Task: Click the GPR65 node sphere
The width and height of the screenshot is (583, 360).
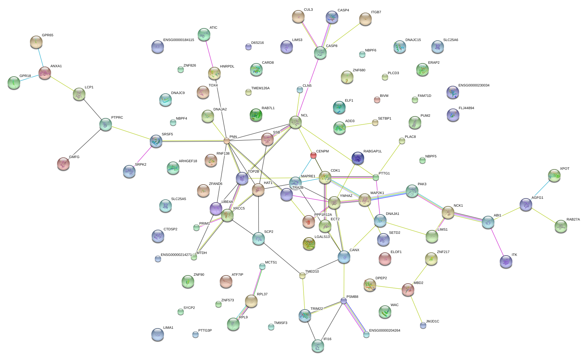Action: (x=36, y=42)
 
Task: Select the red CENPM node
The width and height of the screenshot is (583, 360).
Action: (x=313, y=155)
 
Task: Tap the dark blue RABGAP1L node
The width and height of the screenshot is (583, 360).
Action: (x=358, y=158)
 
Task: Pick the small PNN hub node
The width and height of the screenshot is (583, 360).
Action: (x=227, y=141)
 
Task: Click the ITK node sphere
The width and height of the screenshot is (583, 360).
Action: (x=506, y=261)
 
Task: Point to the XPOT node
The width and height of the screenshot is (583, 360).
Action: (x=554, y=175)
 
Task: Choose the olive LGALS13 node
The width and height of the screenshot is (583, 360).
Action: (x=309, y=244)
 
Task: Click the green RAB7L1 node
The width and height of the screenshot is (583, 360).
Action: (x=256, y=115)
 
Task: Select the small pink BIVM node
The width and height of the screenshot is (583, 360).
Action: (x=377, y=100)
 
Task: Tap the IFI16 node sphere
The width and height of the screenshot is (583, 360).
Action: (x=318, y=346)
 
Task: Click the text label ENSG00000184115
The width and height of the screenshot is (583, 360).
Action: (x=178, y=40)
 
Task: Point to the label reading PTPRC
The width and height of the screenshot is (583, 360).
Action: (x=117, y=118)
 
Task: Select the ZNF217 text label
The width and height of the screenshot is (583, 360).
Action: (x=443, y=252)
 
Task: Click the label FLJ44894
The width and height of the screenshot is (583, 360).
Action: (x=466, y=108)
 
